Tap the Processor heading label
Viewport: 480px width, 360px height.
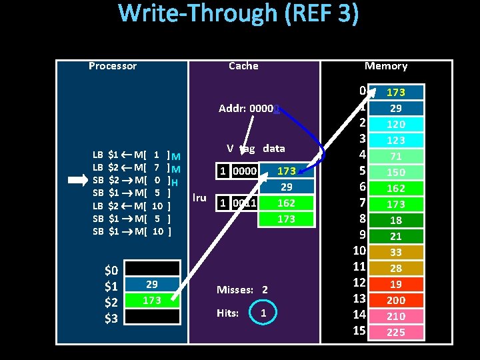click(x=112, y=66)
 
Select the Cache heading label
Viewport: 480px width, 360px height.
click(x=243, y=66)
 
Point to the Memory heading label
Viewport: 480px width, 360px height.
click(x=386, y=66)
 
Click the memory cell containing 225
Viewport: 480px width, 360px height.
click(x=396, y=332)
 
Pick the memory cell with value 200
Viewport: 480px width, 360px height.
click(x=396, y=300)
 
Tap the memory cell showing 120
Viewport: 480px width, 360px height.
click(x=396, y=124)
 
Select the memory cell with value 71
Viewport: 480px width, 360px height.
click(x=396, y=156)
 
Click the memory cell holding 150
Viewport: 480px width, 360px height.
click(x=396, y=172)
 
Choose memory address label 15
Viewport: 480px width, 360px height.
click(x=360, y=331)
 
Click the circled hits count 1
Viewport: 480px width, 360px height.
click(x=264, y=313)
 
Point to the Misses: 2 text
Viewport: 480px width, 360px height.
click(x=242, y=290)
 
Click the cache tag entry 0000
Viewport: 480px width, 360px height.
click(x=243, y=171)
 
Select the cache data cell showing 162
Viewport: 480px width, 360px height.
click(x=286, y=203)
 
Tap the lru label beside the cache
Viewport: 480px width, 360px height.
click(x=199, y=197)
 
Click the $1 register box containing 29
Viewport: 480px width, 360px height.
click(x=152, y=285)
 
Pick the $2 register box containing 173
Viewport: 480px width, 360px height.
click(x=152, y=301)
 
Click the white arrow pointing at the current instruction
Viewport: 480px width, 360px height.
click(x=79, y=180)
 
